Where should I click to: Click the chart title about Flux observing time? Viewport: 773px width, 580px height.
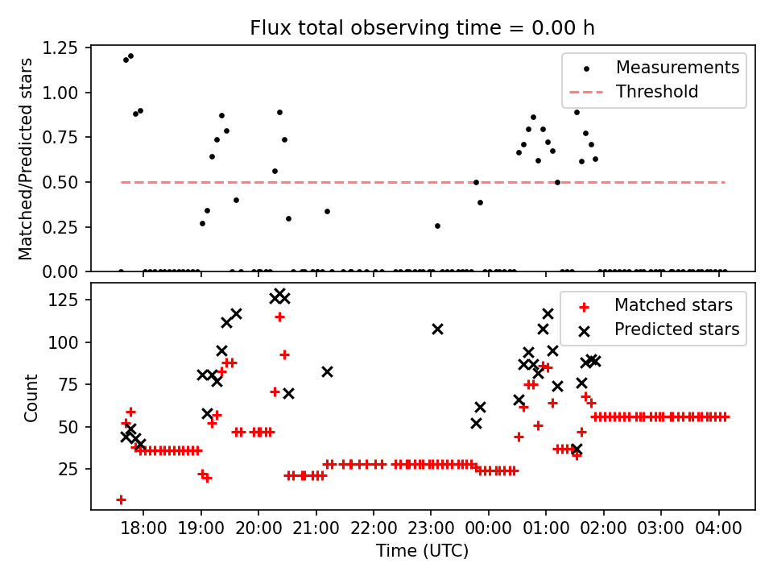click(422, 28)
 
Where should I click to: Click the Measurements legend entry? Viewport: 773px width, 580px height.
click(677, 68)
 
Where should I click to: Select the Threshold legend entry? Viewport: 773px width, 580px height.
click(657, 92)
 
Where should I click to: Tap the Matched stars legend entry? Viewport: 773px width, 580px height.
click(673, 305)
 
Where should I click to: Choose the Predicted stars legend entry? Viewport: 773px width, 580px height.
click(676, 329)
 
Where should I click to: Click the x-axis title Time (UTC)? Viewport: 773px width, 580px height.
click(422, 552)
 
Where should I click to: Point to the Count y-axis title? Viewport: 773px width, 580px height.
click(31, 397)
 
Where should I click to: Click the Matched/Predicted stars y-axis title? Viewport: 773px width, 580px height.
click(26, 159)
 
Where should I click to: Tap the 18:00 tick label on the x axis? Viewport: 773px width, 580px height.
click(143, 528)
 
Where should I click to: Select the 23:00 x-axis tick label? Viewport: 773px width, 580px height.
click(431, 528)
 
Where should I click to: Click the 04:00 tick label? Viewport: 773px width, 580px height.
click(718, 528)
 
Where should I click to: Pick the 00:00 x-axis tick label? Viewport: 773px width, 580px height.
click(489, 528)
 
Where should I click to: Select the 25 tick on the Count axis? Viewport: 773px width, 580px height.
click(73, 469)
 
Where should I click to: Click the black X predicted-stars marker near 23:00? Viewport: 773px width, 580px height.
click(437, 329)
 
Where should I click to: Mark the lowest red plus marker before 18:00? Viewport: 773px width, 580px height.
click(121, 499)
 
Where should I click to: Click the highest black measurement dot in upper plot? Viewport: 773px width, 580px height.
click(130, 56)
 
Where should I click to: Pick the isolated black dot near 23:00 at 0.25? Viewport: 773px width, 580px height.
click(437, 226)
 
